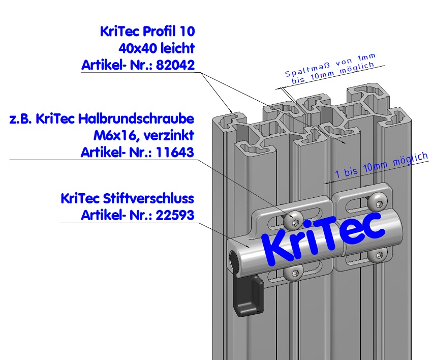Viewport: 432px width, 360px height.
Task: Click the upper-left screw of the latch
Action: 293,220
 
